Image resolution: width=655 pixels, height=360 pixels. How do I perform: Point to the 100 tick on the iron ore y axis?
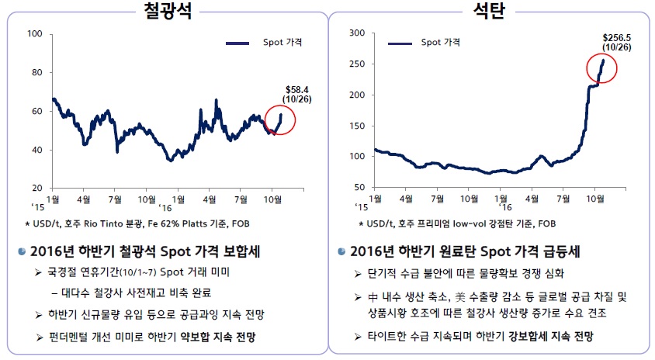[35, 33]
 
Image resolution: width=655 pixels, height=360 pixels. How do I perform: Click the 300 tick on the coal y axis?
[357, 33]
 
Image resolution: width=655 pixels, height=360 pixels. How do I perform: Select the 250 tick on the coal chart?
[357, 64]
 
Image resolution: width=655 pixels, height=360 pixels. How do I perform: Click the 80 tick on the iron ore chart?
[37, 72]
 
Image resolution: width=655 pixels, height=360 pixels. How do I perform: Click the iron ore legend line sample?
[239, 43]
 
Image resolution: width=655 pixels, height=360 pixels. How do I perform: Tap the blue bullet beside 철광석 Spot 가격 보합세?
[23, 251]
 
